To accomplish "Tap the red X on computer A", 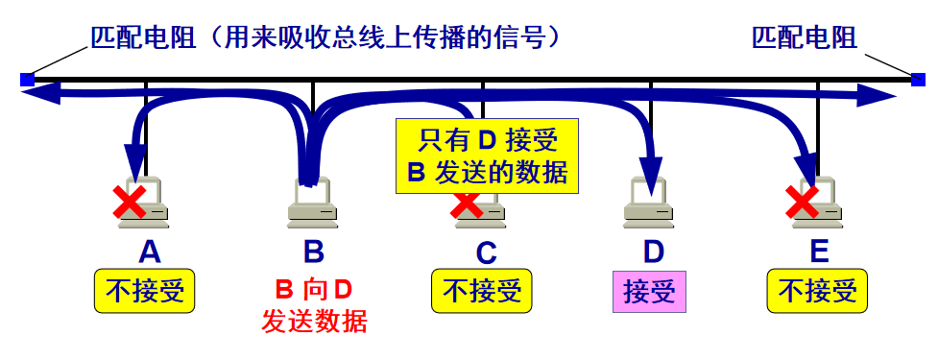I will tap(130, 203).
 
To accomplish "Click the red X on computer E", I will tap(802, 203).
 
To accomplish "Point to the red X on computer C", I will tap(467, 203).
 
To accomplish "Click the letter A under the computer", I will tap(149, 252).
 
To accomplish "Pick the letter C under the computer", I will tap(487, 252).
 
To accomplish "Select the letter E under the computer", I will tap(819, 252).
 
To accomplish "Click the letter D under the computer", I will tap(653, 252).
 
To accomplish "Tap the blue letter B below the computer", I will tap(314, 252).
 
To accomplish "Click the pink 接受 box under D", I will tap(650, 291).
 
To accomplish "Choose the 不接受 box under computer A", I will tap(144, 291).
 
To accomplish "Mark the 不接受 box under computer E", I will tap(817, 291).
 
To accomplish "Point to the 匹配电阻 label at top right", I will tap(805, 37).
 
